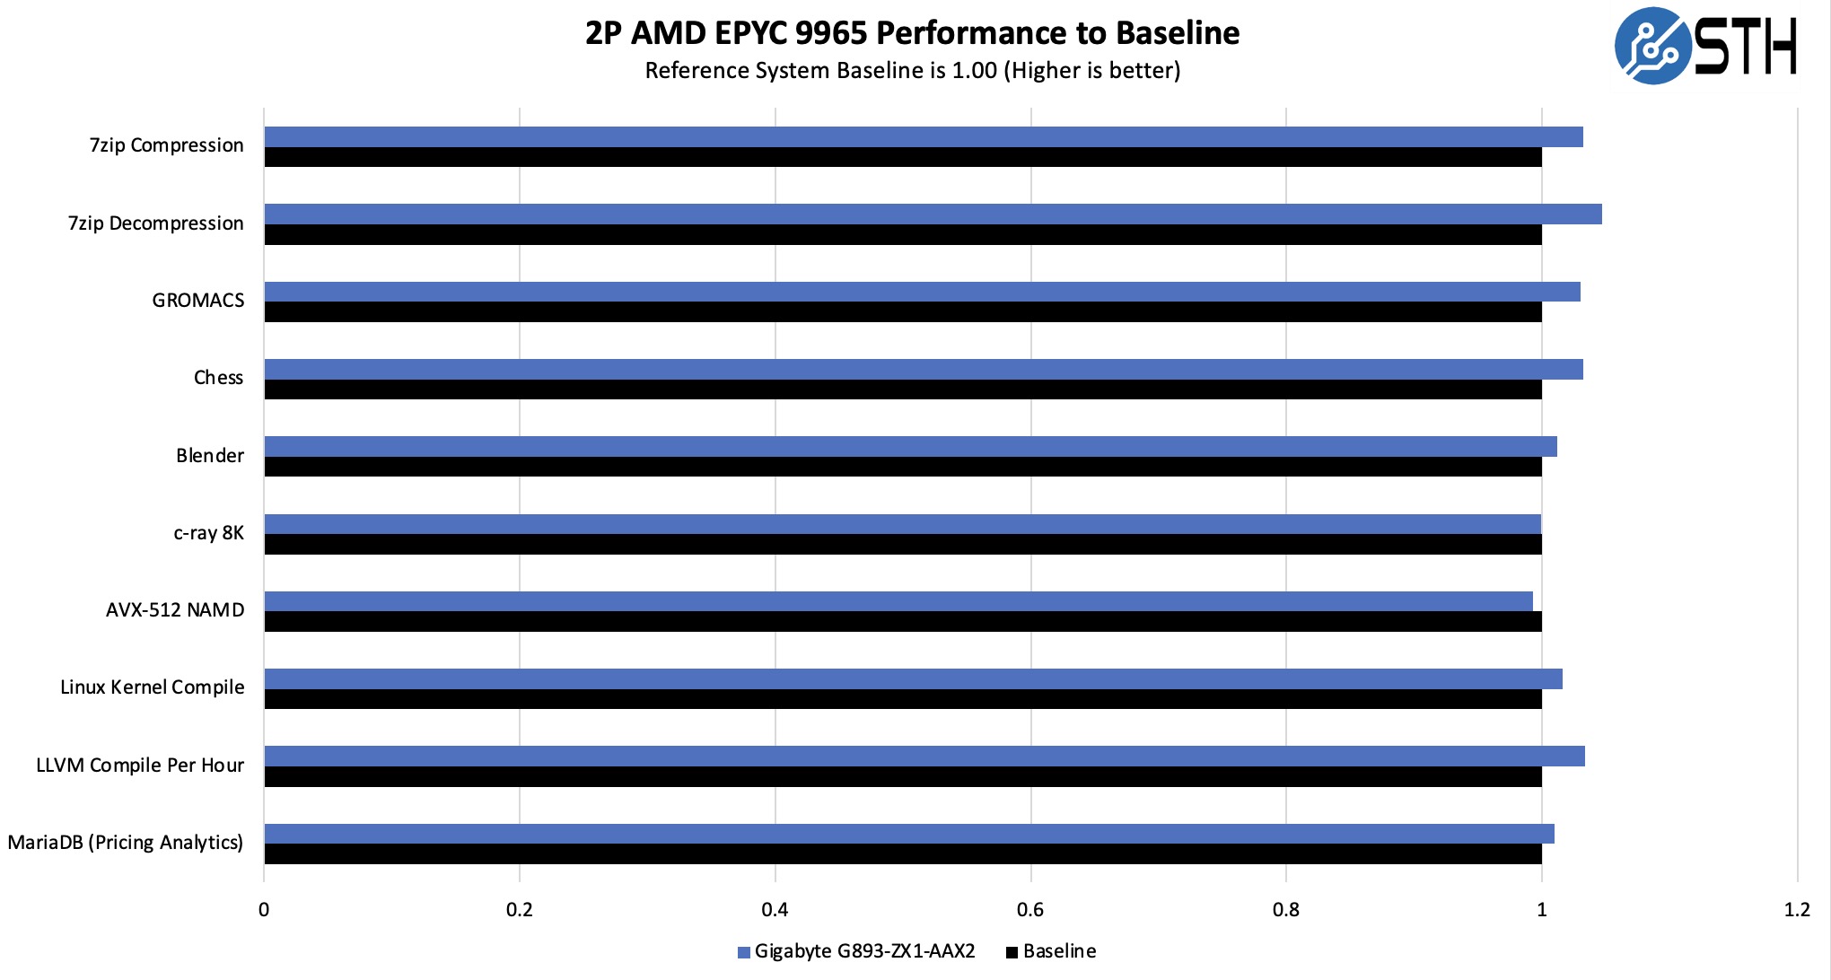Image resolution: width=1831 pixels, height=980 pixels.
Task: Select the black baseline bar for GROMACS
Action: tap(902, 312)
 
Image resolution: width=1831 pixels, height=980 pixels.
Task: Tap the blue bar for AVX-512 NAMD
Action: tap(898, 601)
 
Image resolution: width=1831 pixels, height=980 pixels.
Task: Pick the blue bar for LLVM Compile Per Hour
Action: tap(924, 757)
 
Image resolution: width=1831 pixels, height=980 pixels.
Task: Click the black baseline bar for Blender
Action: tap(902, 467)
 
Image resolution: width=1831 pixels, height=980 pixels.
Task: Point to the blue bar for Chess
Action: tap(923, 370)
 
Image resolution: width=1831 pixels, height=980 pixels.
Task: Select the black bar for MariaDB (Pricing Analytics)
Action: tap(902, 854)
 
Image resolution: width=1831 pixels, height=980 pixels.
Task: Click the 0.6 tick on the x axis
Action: tap(1030, 910)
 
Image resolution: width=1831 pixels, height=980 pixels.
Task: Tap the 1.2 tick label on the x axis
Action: tap(1797, 910)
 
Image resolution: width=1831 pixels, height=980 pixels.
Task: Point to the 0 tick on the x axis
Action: tap(264, 910)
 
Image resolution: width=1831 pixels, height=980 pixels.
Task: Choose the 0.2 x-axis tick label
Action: tap(520, 910)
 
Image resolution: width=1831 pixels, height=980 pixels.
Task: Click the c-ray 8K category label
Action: tap(208, 533)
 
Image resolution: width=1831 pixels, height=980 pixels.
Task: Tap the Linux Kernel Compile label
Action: tap(153, 687)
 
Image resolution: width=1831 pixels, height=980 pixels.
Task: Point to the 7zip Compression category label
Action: tap(167, 145)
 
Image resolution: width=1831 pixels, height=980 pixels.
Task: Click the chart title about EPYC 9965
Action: tap(912, 33)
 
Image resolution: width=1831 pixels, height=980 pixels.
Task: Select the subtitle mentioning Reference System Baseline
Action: tap(912, 71)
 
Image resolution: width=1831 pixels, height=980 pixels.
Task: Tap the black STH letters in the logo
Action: tap(1745, 47)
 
